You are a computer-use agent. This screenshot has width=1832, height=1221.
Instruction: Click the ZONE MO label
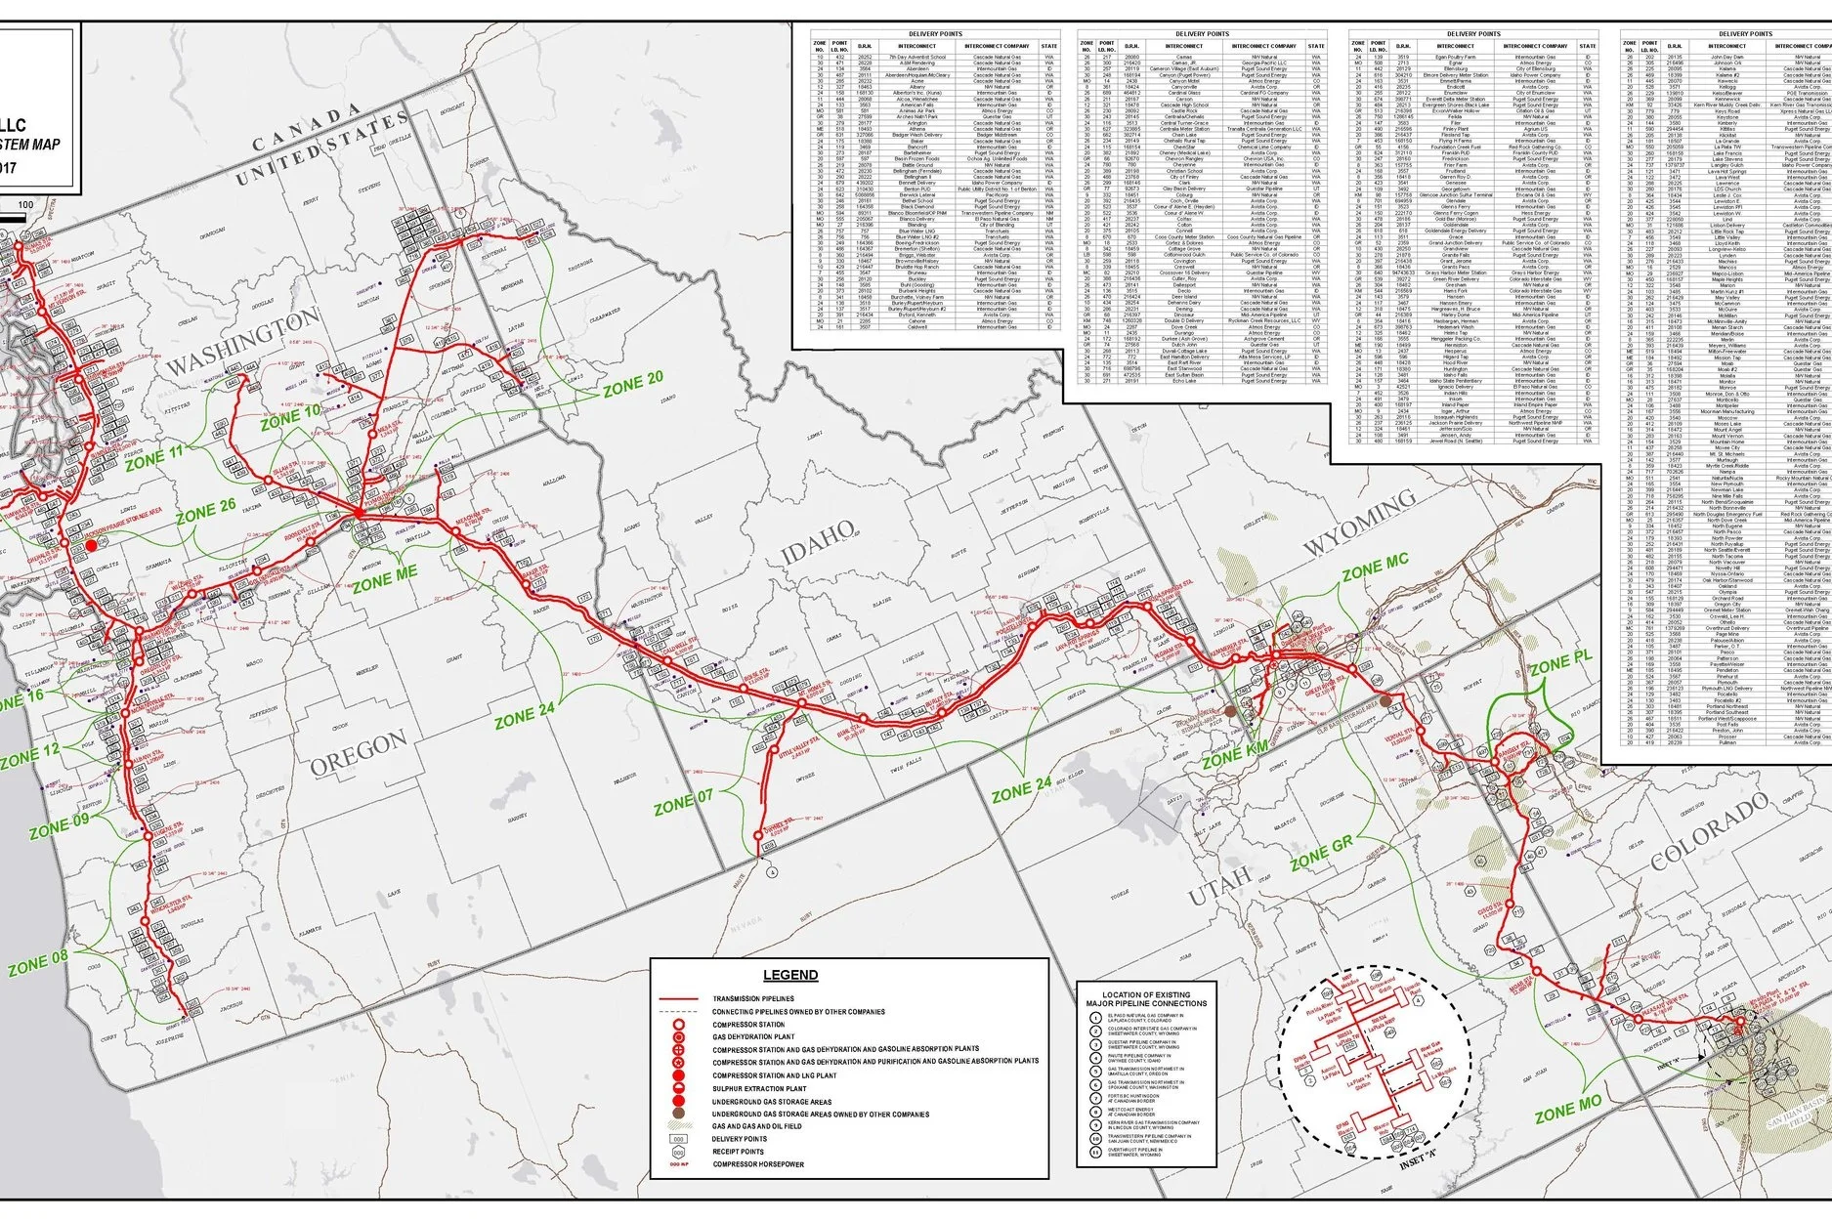(1568, 1111)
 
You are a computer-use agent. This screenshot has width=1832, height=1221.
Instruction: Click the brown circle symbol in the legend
(676, 1114)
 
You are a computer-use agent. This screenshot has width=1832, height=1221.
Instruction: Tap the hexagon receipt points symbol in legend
(676, 1152)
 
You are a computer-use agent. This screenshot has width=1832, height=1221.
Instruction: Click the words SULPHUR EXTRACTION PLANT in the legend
(759, 1087)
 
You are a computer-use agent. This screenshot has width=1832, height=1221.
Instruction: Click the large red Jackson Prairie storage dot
(90, 545)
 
